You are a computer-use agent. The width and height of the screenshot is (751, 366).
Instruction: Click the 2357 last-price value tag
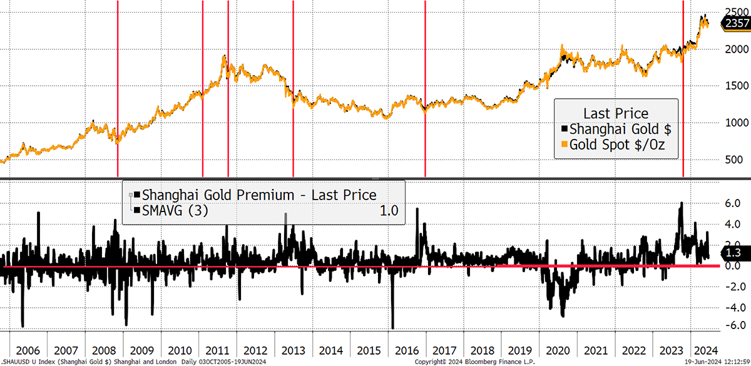tap(736, 24)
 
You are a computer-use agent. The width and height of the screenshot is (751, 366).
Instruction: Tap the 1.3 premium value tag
tap(733, 252)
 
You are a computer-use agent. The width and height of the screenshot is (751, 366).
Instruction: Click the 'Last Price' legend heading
tap(616, 113)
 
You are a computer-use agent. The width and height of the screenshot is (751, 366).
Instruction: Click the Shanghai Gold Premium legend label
tap(259, 195)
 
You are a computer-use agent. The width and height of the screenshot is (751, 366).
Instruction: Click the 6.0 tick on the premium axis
tap(732, 203)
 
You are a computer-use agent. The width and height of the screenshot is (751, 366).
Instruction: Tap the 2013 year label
tap(293, 350)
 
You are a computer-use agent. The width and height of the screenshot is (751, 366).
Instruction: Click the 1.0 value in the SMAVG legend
tap(389, 211)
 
